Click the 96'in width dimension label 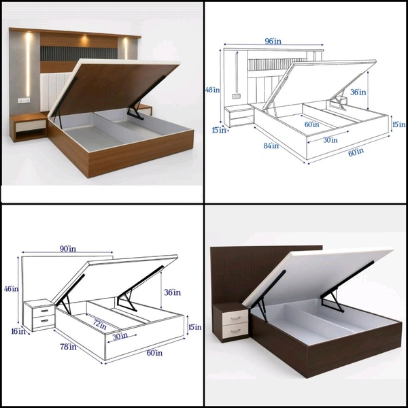click(x=273, y=41)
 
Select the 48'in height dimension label click(x=212, y=90)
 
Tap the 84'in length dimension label click(x=271, y=146)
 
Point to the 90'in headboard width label click(x=68, y=249)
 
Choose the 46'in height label click(x=11, y=288)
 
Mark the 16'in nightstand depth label click(x=18, y=331)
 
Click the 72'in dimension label click(x=100, y=324)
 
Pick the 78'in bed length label click(x=68, y=347)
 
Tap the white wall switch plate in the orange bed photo click(x=24, y=100)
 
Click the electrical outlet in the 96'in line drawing click(x=236, y=97)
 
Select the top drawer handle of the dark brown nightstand click(x=235, y=318)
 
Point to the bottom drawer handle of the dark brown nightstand click(x=235, y=330)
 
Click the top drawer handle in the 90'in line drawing click(x=44, y=311)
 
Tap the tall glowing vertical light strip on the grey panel click(x=28, y=65)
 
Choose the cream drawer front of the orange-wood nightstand click(x=31, y=126)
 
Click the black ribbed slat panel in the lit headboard click(x=79, y=54)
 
